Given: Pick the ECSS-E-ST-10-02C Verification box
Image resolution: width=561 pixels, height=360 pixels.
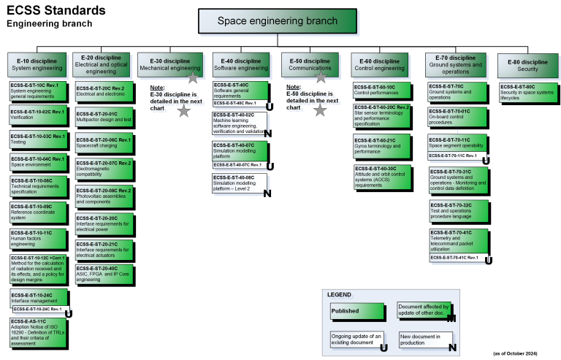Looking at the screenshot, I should pyautogui.click(x=38, y=114).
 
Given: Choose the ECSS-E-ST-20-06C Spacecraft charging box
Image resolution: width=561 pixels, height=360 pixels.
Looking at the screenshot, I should pyautogui.click(x=104, y=142).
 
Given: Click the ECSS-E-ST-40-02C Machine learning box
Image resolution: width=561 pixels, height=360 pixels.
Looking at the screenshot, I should pyautogui.click(x=242, y=123).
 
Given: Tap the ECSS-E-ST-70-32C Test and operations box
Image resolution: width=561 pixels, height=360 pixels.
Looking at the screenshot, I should pyautogui.click(x=459, y=210).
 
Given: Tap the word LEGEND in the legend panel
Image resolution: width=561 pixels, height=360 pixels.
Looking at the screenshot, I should pyautogui.click(x=340, y=294).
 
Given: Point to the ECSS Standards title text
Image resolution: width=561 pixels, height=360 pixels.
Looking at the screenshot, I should pyautogui.click(x=54, y=10).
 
